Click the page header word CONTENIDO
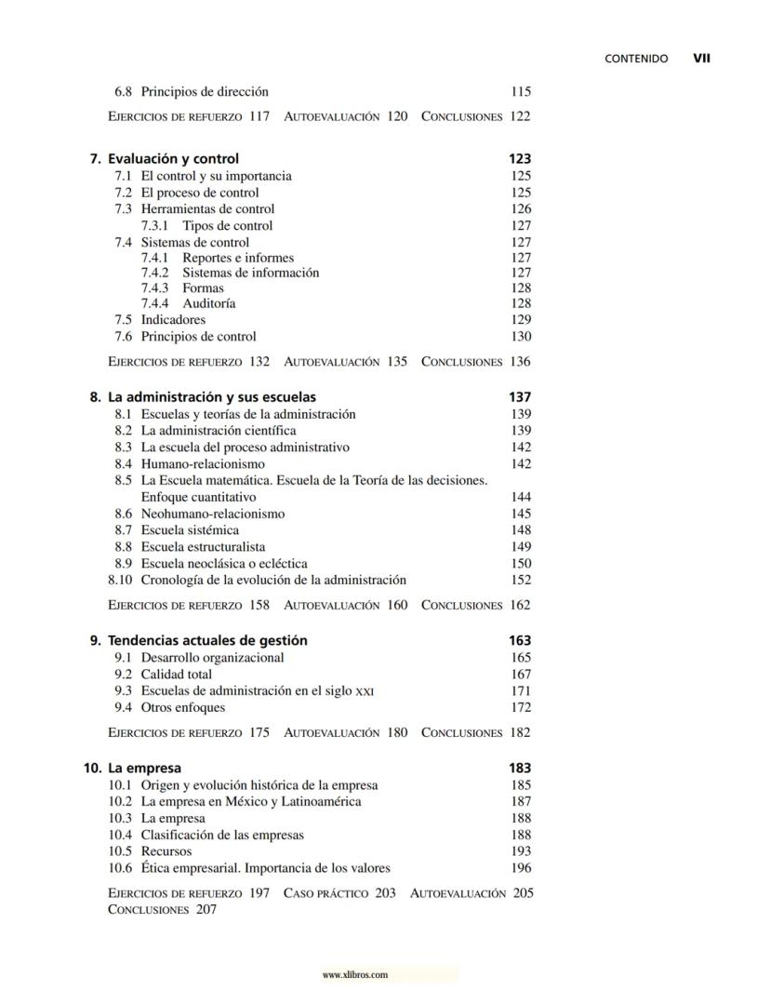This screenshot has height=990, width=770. pos(636,58)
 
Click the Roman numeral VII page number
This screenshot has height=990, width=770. pos(702,58)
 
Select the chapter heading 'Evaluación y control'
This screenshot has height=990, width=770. pos(173,159)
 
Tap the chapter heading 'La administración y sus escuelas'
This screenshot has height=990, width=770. pos(211,397)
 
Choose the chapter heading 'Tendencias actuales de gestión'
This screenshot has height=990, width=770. pos(207,641)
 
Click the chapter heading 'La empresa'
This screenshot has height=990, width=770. pos(144,769)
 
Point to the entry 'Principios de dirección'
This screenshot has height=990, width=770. pos(205,92)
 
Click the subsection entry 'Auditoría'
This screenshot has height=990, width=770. pos(208,303)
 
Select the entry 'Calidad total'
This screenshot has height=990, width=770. pos(177,675)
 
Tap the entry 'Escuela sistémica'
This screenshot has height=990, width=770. pos(190,530)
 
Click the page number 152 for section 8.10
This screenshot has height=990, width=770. pos(521,581)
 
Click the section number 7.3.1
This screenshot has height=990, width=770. pos(154,226)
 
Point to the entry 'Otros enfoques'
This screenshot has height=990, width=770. pos(183,708)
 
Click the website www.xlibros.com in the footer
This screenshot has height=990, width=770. pos(354,975)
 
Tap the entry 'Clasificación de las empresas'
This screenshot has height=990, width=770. pos(222,836)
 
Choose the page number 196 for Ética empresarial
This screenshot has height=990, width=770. pos(521,869)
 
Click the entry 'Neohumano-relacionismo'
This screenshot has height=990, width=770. pos(213,514)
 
